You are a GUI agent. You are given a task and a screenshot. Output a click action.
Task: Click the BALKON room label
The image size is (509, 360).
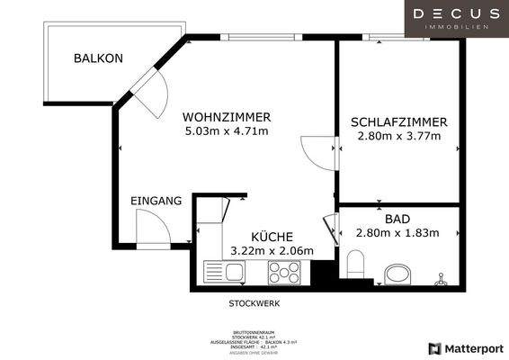point(98,58)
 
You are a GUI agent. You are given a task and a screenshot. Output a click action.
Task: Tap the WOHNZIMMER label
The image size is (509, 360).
point(226,117)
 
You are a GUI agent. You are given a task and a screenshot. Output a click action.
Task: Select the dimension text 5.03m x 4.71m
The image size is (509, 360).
point(226,131)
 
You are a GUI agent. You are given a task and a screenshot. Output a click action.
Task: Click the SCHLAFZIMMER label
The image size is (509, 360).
point(398,121)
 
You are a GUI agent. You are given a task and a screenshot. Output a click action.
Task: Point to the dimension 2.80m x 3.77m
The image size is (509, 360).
point(398,137)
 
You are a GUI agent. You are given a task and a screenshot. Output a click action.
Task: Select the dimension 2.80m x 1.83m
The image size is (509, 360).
point(397,233)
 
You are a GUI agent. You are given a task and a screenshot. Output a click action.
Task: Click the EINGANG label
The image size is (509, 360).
point(156,201)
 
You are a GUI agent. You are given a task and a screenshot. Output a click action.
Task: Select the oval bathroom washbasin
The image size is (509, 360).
point(397,274)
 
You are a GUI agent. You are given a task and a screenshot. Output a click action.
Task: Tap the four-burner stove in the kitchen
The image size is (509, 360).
point(287,271)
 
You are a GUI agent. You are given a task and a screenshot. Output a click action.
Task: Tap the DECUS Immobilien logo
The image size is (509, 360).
point(456,18)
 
